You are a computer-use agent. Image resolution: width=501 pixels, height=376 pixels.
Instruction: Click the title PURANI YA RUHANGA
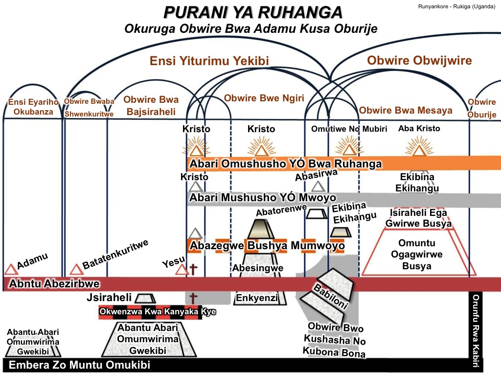click(253, 12)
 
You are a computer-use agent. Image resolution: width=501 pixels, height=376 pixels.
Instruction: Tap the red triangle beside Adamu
click(11, 269)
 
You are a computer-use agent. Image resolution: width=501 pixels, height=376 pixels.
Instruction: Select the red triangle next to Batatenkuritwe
click(76, 269)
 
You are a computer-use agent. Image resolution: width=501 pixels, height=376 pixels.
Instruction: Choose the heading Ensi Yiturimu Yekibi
click(209, 60)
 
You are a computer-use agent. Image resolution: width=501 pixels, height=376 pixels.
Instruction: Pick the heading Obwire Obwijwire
click(419, 60)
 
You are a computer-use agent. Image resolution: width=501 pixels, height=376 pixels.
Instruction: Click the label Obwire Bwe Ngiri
click(264, 98)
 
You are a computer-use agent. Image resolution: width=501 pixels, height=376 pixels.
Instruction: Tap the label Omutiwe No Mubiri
click(349, 129)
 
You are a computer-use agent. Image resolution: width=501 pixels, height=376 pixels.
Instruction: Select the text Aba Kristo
click(419, 128)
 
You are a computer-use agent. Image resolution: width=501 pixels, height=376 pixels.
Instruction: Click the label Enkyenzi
click(257, 298)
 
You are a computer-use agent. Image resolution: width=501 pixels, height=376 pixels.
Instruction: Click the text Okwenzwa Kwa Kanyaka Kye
click(158, 312)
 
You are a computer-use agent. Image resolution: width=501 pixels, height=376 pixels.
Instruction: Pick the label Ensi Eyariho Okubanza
click(32, 107)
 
